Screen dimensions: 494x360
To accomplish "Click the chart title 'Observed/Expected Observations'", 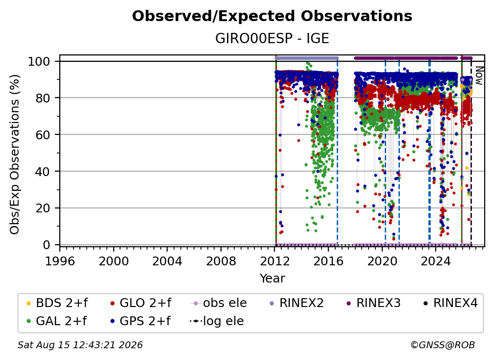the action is click(272, 16).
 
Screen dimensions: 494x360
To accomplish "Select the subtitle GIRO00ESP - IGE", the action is click(272, 39).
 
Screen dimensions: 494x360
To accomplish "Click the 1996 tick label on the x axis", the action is click(60, 261).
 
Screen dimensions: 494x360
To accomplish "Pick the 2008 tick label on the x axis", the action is click(221, 261).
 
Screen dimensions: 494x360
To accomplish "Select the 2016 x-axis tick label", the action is click(328, 261).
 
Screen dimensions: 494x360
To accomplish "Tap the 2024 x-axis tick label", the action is click(436, 261).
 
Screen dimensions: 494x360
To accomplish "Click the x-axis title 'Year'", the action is click(272, 279).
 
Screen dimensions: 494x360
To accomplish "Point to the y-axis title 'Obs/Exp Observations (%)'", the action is click(15, 154).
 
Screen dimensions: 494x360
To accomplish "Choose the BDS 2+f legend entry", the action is click(57, 303).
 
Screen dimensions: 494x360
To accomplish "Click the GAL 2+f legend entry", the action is click(56, 321).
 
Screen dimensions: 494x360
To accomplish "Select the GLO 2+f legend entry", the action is click(140, 303).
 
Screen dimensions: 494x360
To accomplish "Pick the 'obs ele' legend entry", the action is click(219, 303).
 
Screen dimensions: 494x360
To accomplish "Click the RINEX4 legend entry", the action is click(450, 303).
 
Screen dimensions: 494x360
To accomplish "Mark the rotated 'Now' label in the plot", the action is click(479, 76).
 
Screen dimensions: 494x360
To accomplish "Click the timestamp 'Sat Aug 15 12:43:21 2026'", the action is click(80, 345).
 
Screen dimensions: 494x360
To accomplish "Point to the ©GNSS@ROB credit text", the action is click(443, 345).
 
